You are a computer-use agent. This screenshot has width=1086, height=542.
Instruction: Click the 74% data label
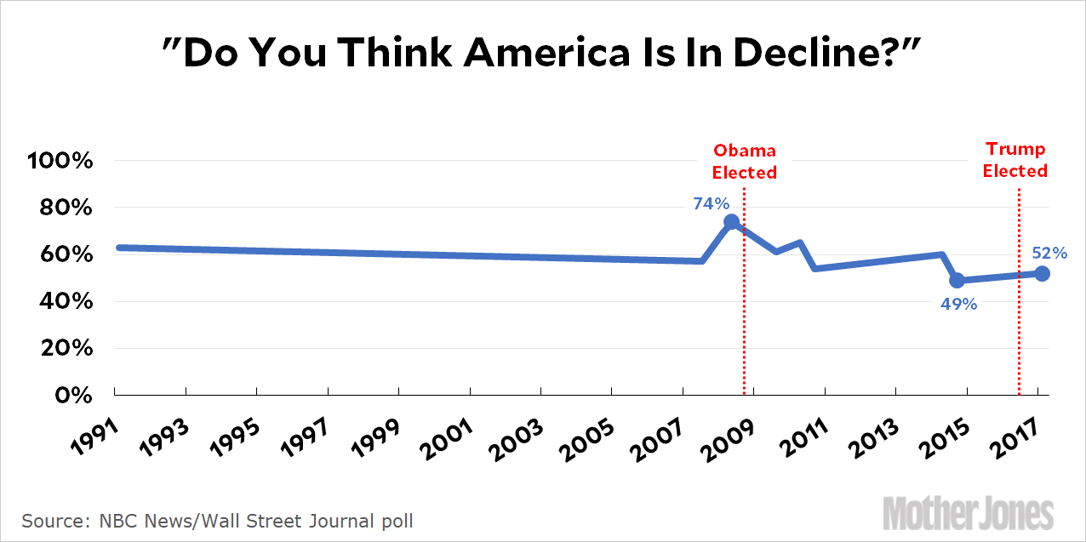click(x=712, y=203)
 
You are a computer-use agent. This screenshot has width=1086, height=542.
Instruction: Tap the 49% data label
click(x=958, y=303)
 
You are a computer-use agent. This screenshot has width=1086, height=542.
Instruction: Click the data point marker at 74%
click(x=731, y=222)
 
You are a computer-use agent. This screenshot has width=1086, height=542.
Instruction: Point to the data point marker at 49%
click(x=957, y=280)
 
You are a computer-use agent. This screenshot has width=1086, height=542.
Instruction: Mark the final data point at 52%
click(x=1043, y=273)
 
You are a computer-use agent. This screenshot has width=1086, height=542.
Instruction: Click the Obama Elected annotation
click(x=745, y=162)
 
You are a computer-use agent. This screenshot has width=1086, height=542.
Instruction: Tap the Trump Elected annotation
click(x=1015, y=160)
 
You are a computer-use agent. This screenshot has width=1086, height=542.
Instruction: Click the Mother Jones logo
click(x=968, y=514)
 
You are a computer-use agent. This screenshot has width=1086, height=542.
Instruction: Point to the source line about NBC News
click(x=223, y=520)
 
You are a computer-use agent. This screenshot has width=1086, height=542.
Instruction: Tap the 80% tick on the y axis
click(x=65, y=208)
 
